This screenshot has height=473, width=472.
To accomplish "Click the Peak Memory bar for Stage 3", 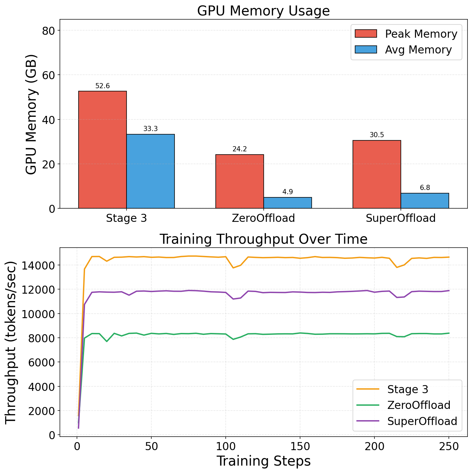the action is coord(102,150).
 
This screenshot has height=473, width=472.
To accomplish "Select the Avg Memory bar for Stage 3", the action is coord(150,171).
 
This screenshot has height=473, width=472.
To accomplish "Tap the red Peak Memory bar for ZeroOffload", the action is coord(240,181).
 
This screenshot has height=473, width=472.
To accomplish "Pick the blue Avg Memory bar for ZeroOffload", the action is coord(288,203).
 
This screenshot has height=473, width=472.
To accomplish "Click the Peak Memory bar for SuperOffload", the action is coord(377,174).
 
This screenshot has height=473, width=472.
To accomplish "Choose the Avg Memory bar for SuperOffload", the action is coord(425,201).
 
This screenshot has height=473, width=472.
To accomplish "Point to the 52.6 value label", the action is coord(102,86).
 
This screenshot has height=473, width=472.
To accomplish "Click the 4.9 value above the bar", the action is coord(288,192).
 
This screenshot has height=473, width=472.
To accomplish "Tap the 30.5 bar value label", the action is coord(377,135).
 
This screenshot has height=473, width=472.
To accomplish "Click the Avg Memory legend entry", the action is coord(403,50).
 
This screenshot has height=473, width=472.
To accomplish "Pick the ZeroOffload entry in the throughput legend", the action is coord(403,405).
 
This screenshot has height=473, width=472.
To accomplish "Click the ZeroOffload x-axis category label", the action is coord(263,218).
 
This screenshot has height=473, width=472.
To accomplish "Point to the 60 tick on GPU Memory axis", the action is coord(48,75).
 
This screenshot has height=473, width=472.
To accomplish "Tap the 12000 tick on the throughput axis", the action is coord(38,290).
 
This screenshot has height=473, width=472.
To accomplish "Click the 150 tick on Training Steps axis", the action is coord(300,447).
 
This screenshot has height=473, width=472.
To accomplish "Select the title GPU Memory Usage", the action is coord(263,11).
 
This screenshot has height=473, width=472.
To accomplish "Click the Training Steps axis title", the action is coord(264,461).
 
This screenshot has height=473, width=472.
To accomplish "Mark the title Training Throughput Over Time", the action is coord(263,239).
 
